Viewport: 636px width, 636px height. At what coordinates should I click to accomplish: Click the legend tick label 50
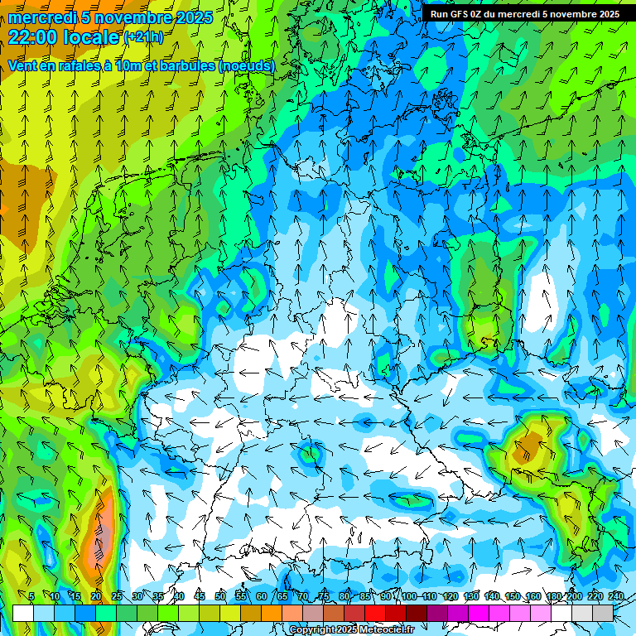(x=220, y=596)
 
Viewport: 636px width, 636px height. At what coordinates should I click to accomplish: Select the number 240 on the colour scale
(x=616, y=596)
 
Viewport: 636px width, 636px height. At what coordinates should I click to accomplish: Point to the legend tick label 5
(x=31, y=596)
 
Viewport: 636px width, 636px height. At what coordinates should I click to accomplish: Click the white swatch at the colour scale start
(x=23, y=613)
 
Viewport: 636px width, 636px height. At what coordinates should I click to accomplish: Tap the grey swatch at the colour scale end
(x=603, y=613)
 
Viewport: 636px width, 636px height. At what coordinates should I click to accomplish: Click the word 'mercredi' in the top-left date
(x=41, y=17)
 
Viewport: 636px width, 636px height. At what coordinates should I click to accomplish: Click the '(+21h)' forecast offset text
(x=143, y=37)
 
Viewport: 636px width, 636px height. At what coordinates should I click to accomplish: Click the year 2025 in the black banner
(x=605, y=14)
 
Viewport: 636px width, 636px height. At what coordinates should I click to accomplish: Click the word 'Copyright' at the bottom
(x=314, y=630)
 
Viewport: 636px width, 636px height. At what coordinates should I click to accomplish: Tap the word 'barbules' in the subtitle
(x=184, y=65)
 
